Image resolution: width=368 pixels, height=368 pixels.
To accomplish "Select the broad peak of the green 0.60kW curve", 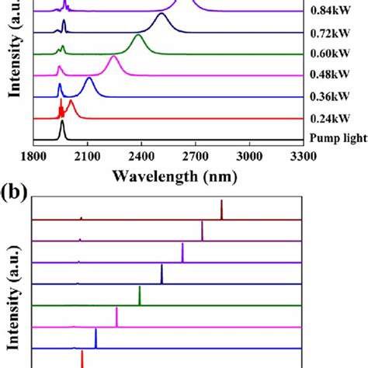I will coord(138,37).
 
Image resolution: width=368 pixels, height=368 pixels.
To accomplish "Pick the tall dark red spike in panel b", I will coord(221,210).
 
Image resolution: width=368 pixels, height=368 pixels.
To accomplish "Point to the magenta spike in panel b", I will coord(116,317).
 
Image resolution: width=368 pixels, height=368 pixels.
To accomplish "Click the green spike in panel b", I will coord(140,296).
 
